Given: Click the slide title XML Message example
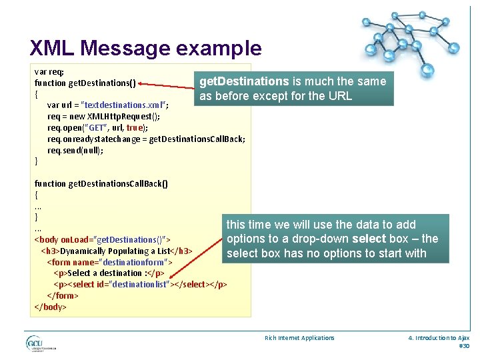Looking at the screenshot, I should click(x=145, y=47).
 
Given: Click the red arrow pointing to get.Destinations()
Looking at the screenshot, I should click(x=166, y=85).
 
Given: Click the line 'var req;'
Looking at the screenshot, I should click(x=49, y=71).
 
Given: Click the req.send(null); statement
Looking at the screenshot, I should click(x=75, y=150).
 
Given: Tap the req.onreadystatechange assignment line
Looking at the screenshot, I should click(x=146, y=139).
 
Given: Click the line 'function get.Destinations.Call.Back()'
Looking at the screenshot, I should click(x=101, y=183).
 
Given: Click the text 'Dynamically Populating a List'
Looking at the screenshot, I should click(x=115, y=251).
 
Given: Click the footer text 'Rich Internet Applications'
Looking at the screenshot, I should click(x=299, y=338).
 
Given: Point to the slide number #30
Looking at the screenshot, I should click(x=464, y=346).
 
